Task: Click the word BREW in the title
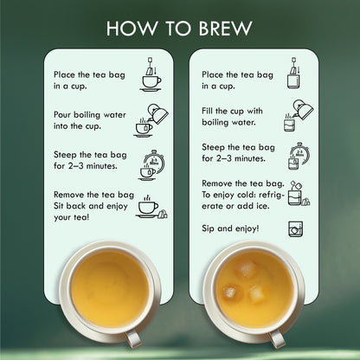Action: click(x=225, y=29)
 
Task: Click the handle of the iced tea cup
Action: click(x=277, y=338)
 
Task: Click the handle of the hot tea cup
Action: click(x=134, y=338)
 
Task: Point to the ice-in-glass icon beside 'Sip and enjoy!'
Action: click(x=296, y=229)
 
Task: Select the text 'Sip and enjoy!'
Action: click(x=230, y=228)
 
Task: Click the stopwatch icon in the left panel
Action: click(x=152, y=165)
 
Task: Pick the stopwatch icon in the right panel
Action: click(x=299, y=156)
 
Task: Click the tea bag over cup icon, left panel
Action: click(x=151, y=74)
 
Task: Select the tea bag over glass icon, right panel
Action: click(x=294, y=73)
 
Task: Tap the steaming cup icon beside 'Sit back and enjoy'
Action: click(x=151, y=207)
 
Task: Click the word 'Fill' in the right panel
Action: click(x=207, y=111)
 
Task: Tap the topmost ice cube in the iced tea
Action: click(x=245, y=269)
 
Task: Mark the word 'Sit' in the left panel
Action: click(x=59, y=206)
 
